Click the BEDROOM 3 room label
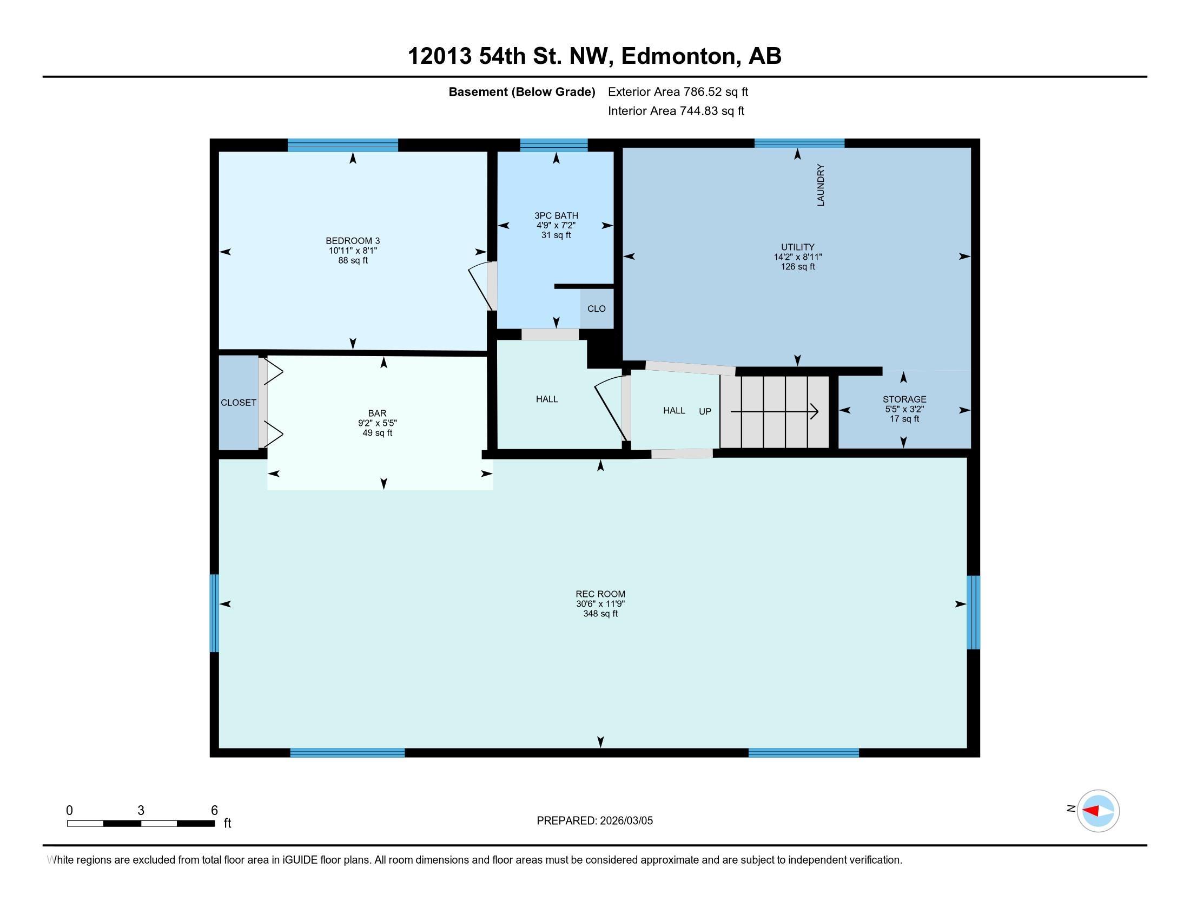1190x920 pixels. (353, 241)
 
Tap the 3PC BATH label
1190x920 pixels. (556, 216)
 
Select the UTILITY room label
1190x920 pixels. (797, 247)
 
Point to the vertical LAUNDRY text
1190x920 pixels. (821, 185)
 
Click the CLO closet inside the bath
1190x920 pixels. (596, 308)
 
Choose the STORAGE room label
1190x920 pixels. (904, 399)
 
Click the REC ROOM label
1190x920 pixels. (600, 594)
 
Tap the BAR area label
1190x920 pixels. (376, 413)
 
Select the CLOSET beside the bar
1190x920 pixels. (238, 403)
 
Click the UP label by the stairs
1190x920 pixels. (704, 411)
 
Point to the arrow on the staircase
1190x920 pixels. (773, 411)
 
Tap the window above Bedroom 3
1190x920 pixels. (343, 145)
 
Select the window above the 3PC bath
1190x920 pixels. (553, 144)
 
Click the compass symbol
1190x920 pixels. (1098, 811)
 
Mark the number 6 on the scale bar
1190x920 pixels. (214, 810)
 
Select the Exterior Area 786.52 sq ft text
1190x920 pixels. (678, 92)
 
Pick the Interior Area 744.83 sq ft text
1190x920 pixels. (676, 111)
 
